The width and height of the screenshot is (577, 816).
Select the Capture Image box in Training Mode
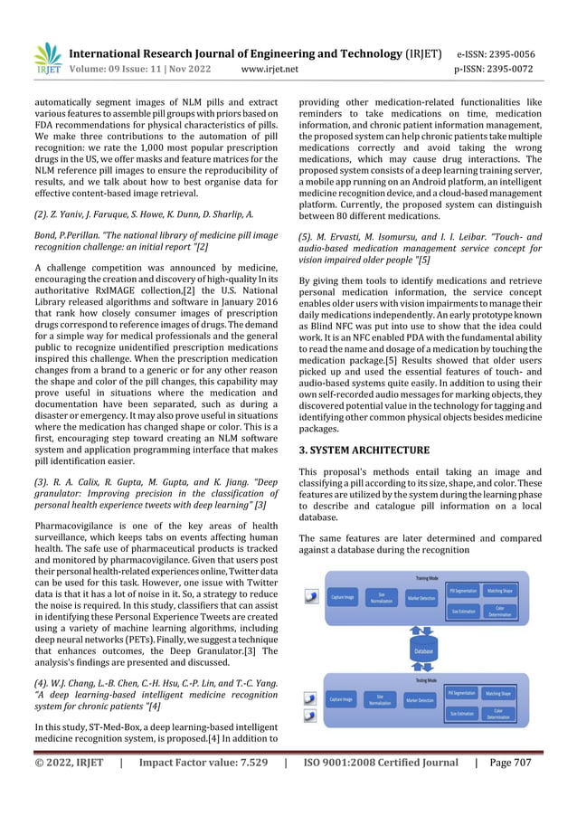point(342,597)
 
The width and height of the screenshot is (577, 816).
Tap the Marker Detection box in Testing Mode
point(421,700)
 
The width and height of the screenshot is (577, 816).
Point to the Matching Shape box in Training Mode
point(499,591)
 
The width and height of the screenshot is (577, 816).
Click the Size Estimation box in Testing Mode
point(463,714)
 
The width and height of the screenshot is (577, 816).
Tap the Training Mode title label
point(427,576)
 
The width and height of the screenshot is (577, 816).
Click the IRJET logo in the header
point(46,58)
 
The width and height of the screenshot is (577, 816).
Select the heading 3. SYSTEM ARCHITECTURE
point(364,450)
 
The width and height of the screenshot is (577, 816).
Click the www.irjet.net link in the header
point(270,68)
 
